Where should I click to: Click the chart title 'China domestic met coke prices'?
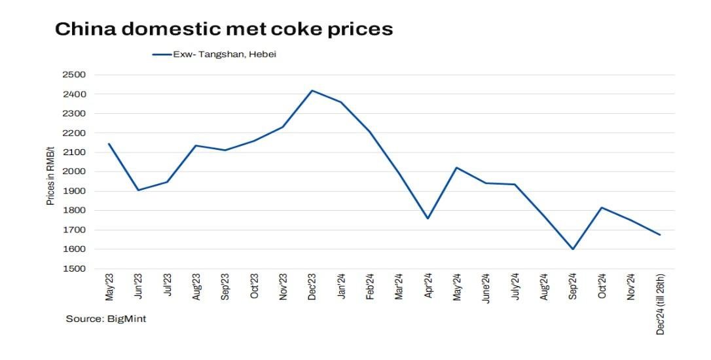click(224, 29)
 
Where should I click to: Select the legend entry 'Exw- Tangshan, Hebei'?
click(213, 55)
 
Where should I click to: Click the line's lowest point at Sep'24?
click(572, 249)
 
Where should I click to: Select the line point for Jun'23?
click(138, 190)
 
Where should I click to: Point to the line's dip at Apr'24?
click(428, 218)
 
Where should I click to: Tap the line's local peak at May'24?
click(456, 168)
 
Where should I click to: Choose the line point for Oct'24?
click(601, 207)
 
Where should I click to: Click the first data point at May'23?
click(109, 143)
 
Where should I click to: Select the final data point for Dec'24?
click(659, 235)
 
